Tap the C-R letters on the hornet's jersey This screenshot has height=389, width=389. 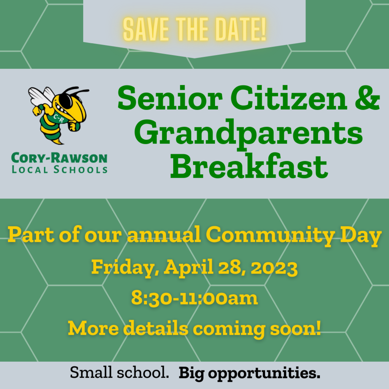point(59,119)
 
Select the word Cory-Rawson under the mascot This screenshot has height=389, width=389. point(59,158)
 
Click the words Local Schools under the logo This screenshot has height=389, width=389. point(60,169)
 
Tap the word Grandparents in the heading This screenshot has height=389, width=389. point(248,134)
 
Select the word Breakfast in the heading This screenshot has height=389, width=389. point(249,165)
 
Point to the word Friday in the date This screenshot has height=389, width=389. point(125,267)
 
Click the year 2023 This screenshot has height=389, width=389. point(274,267)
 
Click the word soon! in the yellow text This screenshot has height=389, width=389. point(296,328)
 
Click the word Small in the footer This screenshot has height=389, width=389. point(91,372)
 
